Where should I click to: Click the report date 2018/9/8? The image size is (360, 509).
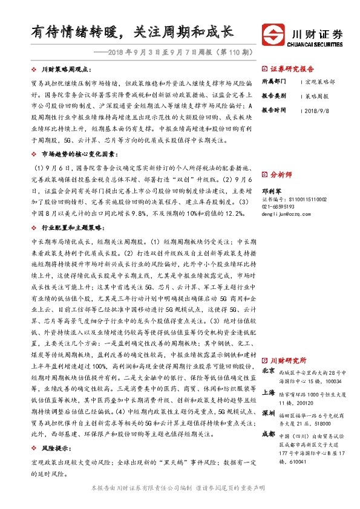point(318,111)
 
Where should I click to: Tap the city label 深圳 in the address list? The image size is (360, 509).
point(269,413)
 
